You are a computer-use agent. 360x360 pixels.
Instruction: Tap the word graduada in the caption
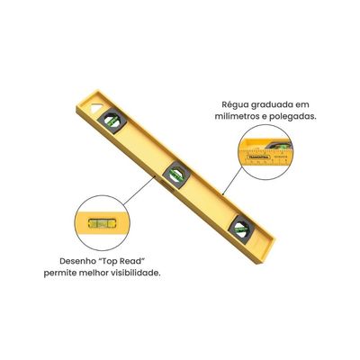[x=267, y=105]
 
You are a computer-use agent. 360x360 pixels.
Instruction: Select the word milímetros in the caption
[x=231, y=117]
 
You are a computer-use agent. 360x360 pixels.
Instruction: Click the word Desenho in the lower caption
[x=77, y=261]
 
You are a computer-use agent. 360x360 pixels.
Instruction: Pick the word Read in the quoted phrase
[x=133, y=261]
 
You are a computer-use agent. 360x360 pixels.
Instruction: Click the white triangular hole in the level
[x=95, y=108]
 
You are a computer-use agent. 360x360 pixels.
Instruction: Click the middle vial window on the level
[x=176, y=175]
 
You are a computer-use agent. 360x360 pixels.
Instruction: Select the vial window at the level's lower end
[x=241, y=229]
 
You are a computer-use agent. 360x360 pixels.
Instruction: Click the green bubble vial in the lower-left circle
[x=102, y=223]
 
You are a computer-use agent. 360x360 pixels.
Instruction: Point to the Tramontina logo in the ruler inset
[x=258, y=157]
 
